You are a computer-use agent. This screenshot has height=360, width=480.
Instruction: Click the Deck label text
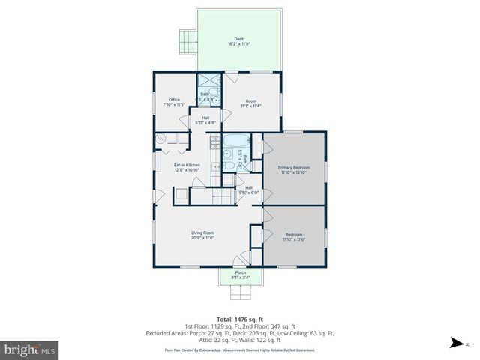(x=238, y=39)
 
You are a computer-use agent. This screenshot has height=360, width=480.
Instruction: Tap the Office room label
(x=174, y=100)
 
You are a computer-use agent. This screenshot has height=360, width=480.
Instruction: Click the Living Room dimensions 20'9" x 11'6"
(x=202, y=238)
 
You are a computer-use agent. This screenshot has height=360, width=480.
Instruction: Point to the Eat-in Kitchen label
(x=187, y=165)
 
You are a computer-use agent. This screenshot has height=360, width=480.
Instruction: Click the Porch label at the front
(x=240, y=272)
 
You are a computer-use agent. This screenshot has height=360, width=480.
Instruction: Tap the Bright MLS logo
(x=30, y=349)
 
